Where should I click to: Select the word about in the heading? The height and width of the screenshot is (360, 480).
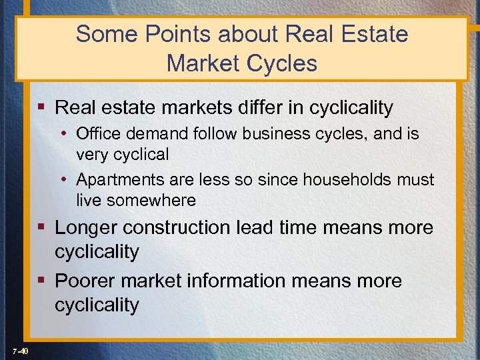(251, 34)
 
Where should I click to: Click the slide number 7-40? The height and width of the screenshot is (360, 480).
(19, 351)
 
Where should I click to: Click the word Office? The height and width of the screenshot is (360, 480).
(99, 134)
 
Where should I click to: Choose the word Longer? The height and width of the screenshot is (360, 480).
(85, 227)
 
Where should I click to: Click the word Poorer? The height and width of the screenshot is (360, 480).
(86, 281)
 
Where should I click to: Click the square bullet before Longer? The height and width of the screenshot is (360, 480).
(42, 227)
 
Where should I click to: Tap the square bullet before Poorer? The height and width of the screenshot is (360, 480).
(42, 281)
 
